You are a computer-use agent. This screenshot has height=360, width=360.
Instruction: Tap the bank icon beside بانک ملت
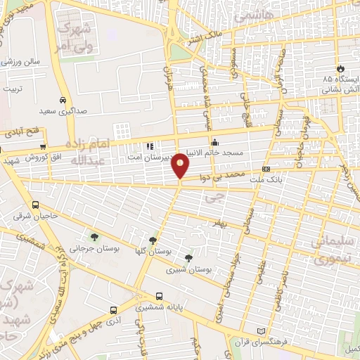[266, 169]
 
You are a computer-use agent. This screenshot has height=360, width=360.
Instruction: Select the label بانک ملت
[264, 181]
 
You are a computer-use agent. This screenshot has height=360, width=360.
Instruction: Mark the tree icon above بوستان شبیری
[187, 258]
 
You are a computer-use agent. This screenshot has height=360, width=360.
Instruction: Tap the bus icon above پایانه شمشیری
[160, 296]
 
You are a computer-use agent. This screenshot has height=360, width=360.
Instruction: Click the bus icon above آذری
[113, 309]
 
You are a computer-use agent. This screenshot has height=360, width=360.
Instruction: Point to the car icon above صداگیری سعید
[63, 101]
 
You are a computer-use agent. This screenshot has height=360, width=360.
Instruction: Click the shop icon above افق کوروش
[44, 146]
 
